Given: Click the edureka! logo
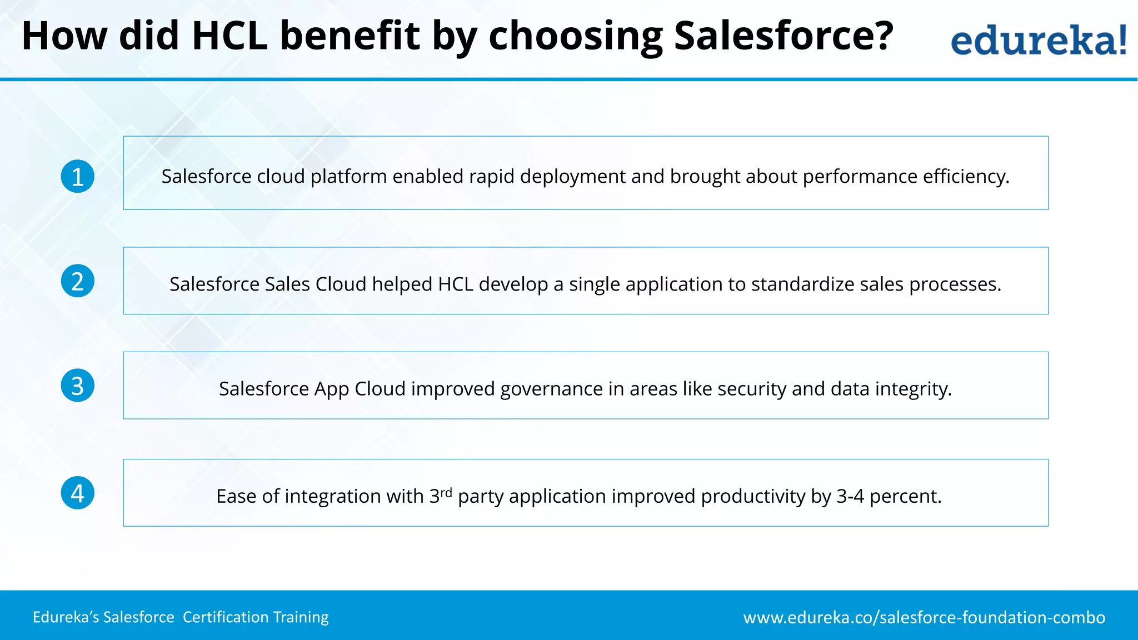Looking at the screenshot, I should point(1038,40).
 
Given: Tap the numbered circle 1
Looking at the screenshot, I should point(78,177).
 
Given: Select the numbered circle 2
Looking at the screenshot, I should point(78,281).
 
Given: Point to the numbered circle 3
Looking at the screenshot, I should point(78,386).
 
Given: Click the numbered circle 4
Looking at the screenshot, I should point(78,493).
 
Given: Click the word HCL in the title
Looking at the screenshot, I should point(229,36).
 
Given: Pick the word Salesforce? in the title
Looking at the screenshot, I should point(783,36).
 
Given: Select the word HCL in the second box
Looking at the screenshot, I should point(455,284).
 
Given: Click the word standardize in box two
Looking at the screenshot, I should point(802,284).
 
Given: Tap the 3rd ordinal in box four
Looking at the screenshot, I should point(441,495).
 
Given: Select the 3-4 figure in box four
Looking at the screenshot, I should point(850,496).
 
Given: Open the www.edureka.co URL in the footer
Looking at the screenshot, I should point(924,618).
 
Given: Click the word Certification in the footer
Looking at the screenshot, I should point(226,617).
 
